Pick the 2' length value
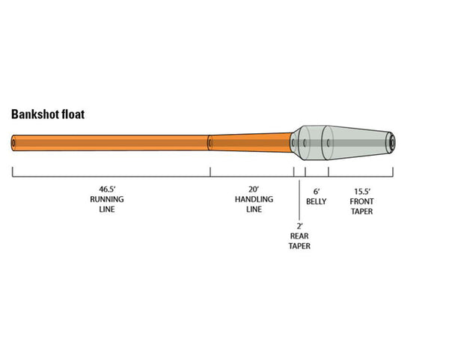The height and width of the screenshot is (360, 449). coord(299,225)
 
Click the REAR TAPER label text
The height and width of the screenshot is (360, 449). coord(299,240)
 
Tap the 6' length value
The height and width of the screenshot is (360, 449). coord(317,191)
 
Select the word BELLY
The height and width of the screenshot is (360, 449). coord(317,201)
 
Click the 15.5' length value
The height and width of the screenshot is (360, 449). coord(361,191)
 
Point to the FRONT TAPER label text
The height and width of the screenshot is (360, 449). coord(361,207)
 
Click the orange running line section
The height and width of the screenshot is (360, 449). coord(112,142)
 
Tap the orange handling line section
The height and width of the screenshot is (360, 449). coord(251,141)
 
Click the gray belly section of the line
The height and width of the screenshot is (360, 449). coord(314,141)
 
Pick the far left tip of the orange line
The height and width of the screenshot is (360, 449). coord(14,142)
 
